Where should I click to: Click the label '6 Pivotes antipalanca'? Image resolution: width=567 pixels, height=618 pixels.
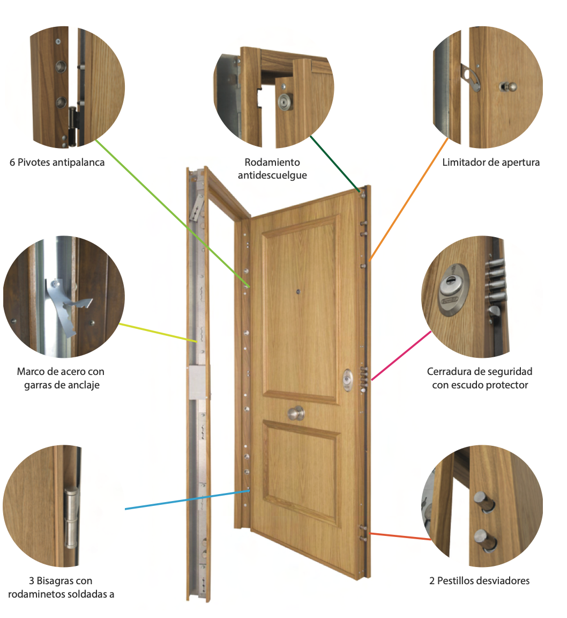(57, 162)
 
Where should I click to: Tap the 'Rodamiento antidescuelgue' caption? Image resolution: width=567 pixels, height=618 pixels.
(272, 168)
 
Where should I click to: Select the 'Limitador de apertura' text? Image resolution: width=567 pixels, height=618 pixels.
(491, 162)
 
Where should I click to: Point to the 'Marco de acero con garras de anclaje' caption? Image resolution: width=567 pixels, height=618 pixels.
(61, 378)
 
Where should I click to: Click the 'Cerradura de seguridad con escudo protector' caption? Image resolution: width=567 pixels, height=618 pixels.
(480, 378)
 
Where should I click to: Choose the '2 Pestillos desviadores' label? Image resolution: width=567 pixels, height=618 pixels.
(479, 580)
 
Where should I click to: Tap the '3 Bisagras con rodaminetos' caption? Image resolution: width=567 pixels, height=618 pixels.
(61, 587)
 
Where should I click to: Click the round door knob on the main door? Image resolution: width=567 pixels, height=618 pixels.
(295, 413)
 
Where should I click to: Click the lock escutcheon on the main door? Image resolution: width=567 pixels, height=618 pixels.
(348, 379)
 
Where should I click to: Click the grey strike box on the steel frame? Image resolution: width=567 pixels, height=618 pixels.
(199, 382)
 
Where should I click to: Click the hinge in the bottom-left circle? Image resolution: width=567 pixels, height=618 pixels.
(71, 517)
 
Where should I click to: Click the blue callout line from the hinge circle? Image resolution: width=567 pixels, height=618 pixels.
(182, 499)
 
